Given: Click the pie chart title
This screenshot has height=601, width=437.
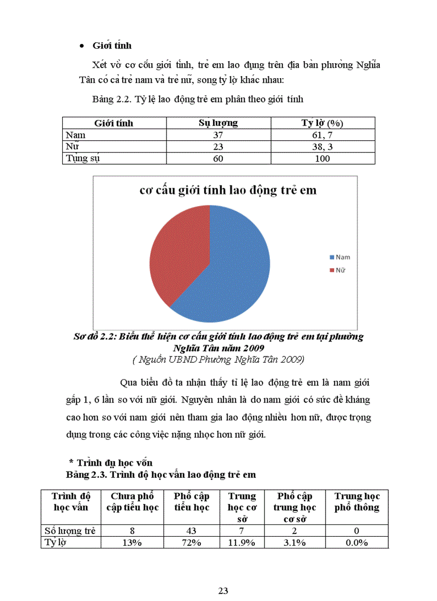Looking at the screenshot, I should pos(228,190).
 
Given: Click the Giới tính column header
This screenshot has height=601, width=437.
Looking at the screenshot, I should pos(114,123).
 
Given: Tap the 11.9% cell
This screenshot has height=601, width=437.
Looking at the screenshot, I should pos(242,543).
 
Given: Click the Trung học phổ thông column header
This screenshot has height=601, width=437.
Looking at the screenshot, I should pos(357,502).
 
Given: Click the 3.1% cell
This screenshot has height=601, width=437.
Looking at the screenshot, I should pos(294,543).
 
